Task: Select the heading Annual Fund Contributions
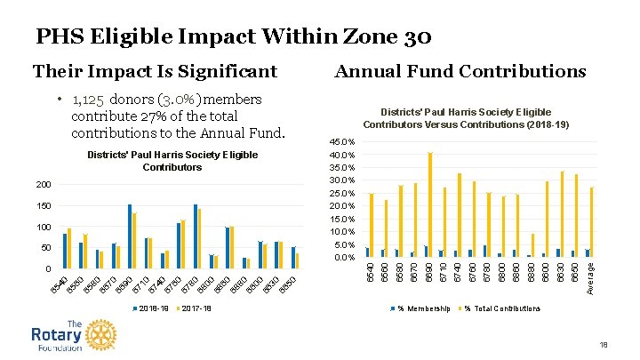point(460,71)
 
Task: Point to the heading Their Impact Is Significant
point(155,71)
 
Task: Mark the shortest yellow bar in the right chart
point(533,245)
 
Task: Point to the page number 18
point(604,344)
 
